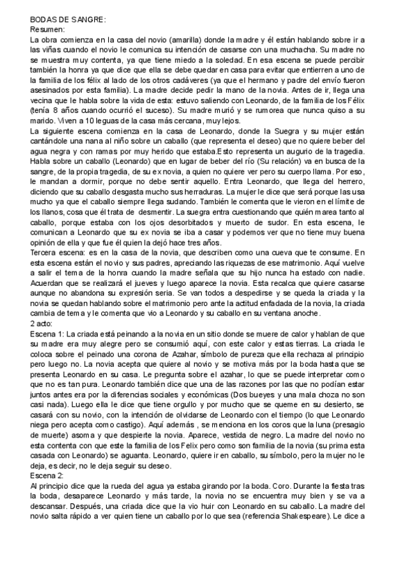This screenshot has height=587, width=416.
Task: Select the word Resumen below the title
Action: click(47, 31)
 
